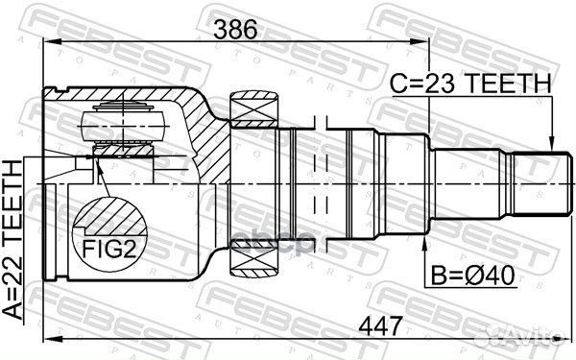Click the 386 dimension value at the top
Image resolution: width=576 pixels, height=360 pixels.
coord(235,29)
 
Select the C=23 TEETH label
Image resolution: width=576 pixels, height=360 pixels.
coord(470,84)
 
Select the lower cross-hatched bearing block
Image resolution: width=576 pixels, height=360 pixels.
coord(253,254)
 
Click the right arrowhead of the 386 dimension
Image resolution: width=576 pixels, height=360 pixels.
coord(423,42)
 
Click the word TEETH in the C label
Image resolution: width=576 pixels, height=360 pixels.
coord(509,84)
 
